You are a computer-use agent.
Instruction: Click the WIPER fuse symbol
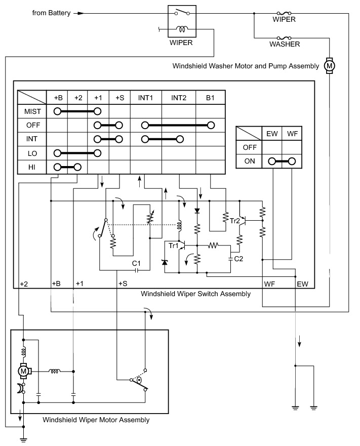(284, 13)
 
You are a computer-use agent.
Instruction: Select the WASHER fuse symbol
(284, 38)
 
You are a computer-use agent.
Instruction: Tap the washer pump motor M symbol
(329, 66)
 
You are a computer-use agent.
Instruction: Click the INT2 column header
(179, 98)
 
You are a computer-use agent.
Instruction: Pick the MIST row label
(32, 111)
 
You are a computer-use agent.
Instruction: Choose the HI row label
(32, 167)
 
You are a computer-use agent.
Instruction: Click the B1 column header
(210, 98)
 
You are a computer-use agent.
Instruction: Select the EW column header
(272, 134)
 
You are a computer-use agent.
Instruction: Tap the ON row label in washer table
(250, 161)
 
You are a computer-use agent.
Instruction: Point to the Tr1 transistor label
(173, 246)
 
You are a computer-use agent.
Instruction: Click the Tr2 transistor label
(235, 221)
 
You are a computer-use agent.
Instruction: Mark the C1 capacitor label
(136, 263)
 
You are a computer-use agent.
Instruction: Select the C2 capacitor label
(238, 259)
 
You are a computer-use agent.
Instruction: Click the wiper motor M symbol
(23, 371)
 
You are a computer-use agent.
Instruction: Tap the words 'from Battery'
(51, 13)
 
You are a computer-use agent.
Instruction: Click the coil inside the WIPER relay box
(182, 29)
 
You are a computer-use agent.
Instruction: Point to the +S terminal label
(123, 283)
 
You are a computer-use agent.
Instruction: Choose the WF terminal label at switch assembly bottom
(269, 284)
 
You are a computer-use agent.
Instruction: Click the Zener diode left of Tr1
(165, 262)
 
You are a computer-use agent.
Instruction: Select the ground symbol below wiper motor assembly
(24, 440)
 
